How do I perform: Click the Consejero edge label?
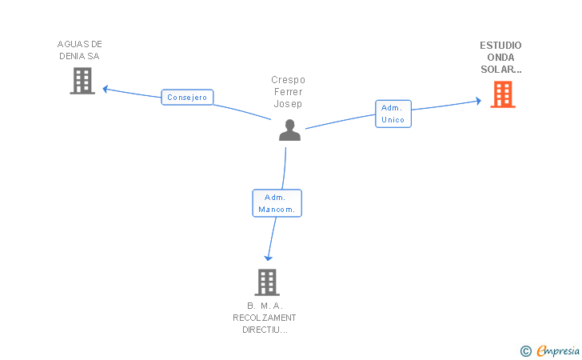pyautogui.click(x=187, y=98)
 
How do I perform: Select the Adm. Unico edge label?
pyautogui.click(x=393, y=114)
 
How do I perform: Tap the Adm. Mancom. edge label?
pyautogui.click(x=277, y=203)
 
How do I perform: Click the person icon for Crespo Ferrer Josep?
pyautogui.click(x=289, y=130)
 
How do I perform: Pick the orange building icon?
pyautogui.click(x=503, y=94)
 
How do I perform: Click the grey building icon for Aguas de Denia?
pyautogui.click(x=82, y=81)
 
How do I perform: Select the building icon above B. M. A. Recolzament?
pyautogui.click(x=267, y=282)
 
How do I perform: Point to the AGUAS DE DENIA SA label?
pyautogui.click(x=80, y=50)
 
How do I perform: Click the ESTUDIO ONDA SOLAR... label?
pyautogui.click(x=501, y=58)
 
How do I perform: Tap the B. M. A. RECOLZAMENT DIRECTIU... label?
pyautogui.click(x=265, y=318)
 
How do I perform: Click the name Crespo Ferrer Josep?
pyautogui.click(x=289, y=92)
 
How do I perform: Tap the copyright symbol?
pyautogui.click(x=525, y=350)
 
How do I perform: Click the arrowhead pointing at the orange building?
pyautogui.click(x=477, y=102)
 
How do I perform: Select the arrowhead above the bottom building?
pyautogui.click(x=269, y=258)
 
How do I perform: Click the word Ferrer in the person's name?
pyautogui.click(x=289, y=92)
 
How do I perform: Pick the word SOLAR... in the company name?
pyautogui.click(x=501, y=70)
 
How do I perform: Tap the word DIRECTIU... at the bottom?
pyautogui.click(x=265, y=330)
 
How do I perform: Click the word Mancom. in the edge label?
pyautogui.click(x=277, y=210)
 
